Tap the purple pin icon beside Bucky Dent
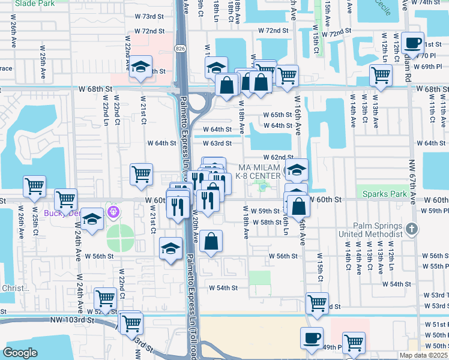pos(112,212)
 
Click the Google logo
pos(20,353)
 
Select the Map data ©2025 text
pos(423,355)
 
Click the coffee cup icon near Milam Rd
pos(412,43)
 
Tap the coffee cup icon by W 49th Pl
pos(312,338)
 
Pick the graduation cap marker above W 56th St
pos(171,248)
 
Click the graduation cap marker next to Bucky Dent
pos(92,219)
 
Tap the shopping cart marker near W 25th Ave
pos(34,186)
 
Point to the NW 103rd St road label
pos(73,321)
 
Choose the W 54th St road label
pos(223,288)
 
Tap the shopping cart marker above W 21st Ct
pos(141,174)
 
